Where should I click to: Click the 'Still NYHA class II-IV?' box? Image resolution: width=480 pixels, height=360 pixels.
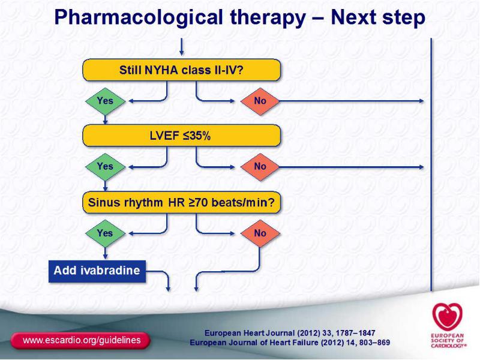[x=182, y=70]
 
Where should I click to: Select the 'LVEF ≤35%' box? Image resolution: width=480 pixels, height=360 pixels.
[x=182, y=136]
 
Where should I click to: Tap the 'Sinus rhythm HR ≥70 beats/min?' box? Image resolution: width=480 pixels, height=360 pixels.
[x=182, y=202]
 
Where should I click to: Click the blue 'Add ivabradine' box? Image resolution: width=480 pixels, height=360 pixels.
[x=97, y=271]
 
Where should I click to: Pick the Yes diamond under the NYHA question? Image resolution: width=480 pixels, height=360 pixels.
[x=106, y=101]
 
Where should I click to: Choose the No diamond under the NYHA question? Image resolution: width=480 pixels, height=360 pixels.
[x=260, y=101]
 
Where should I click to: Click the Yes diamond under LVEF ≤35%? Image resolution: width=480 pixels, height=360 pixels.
[x=106, y=167]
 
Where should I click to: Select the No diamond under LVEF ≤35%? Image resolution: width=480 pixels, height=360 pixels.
[x=260, y=167]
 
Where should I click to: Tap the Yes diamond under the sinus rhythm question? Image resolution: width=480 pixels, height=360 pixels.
[x=106, y=233]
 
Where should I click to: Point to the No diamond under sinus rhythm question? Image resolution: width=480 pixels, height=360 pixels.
[x=260, y=233]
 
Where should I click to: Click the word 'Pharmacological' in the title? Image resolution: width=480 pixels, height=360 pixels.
[x=139, y=17]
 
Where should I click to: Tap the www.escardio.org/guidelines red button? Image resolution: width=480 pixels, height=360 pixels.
[x=80, y=340]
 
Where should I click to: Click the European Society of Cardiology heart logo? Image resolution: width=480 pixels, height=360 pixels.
[x=447, y=317]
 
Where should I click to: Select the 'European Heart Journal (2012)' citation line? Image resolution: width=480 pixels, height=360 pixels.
[x=290, y=333]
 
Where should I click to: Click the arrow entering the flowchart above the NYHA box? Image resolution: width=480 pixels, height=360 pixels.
[x=182, y=47]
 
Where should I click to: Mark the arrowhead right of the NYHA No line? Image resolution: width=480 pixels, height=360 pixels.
[x=422, y=101]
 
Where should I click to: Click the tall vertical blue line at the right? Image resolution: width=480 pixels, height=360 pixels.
[x=431, y=164]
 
